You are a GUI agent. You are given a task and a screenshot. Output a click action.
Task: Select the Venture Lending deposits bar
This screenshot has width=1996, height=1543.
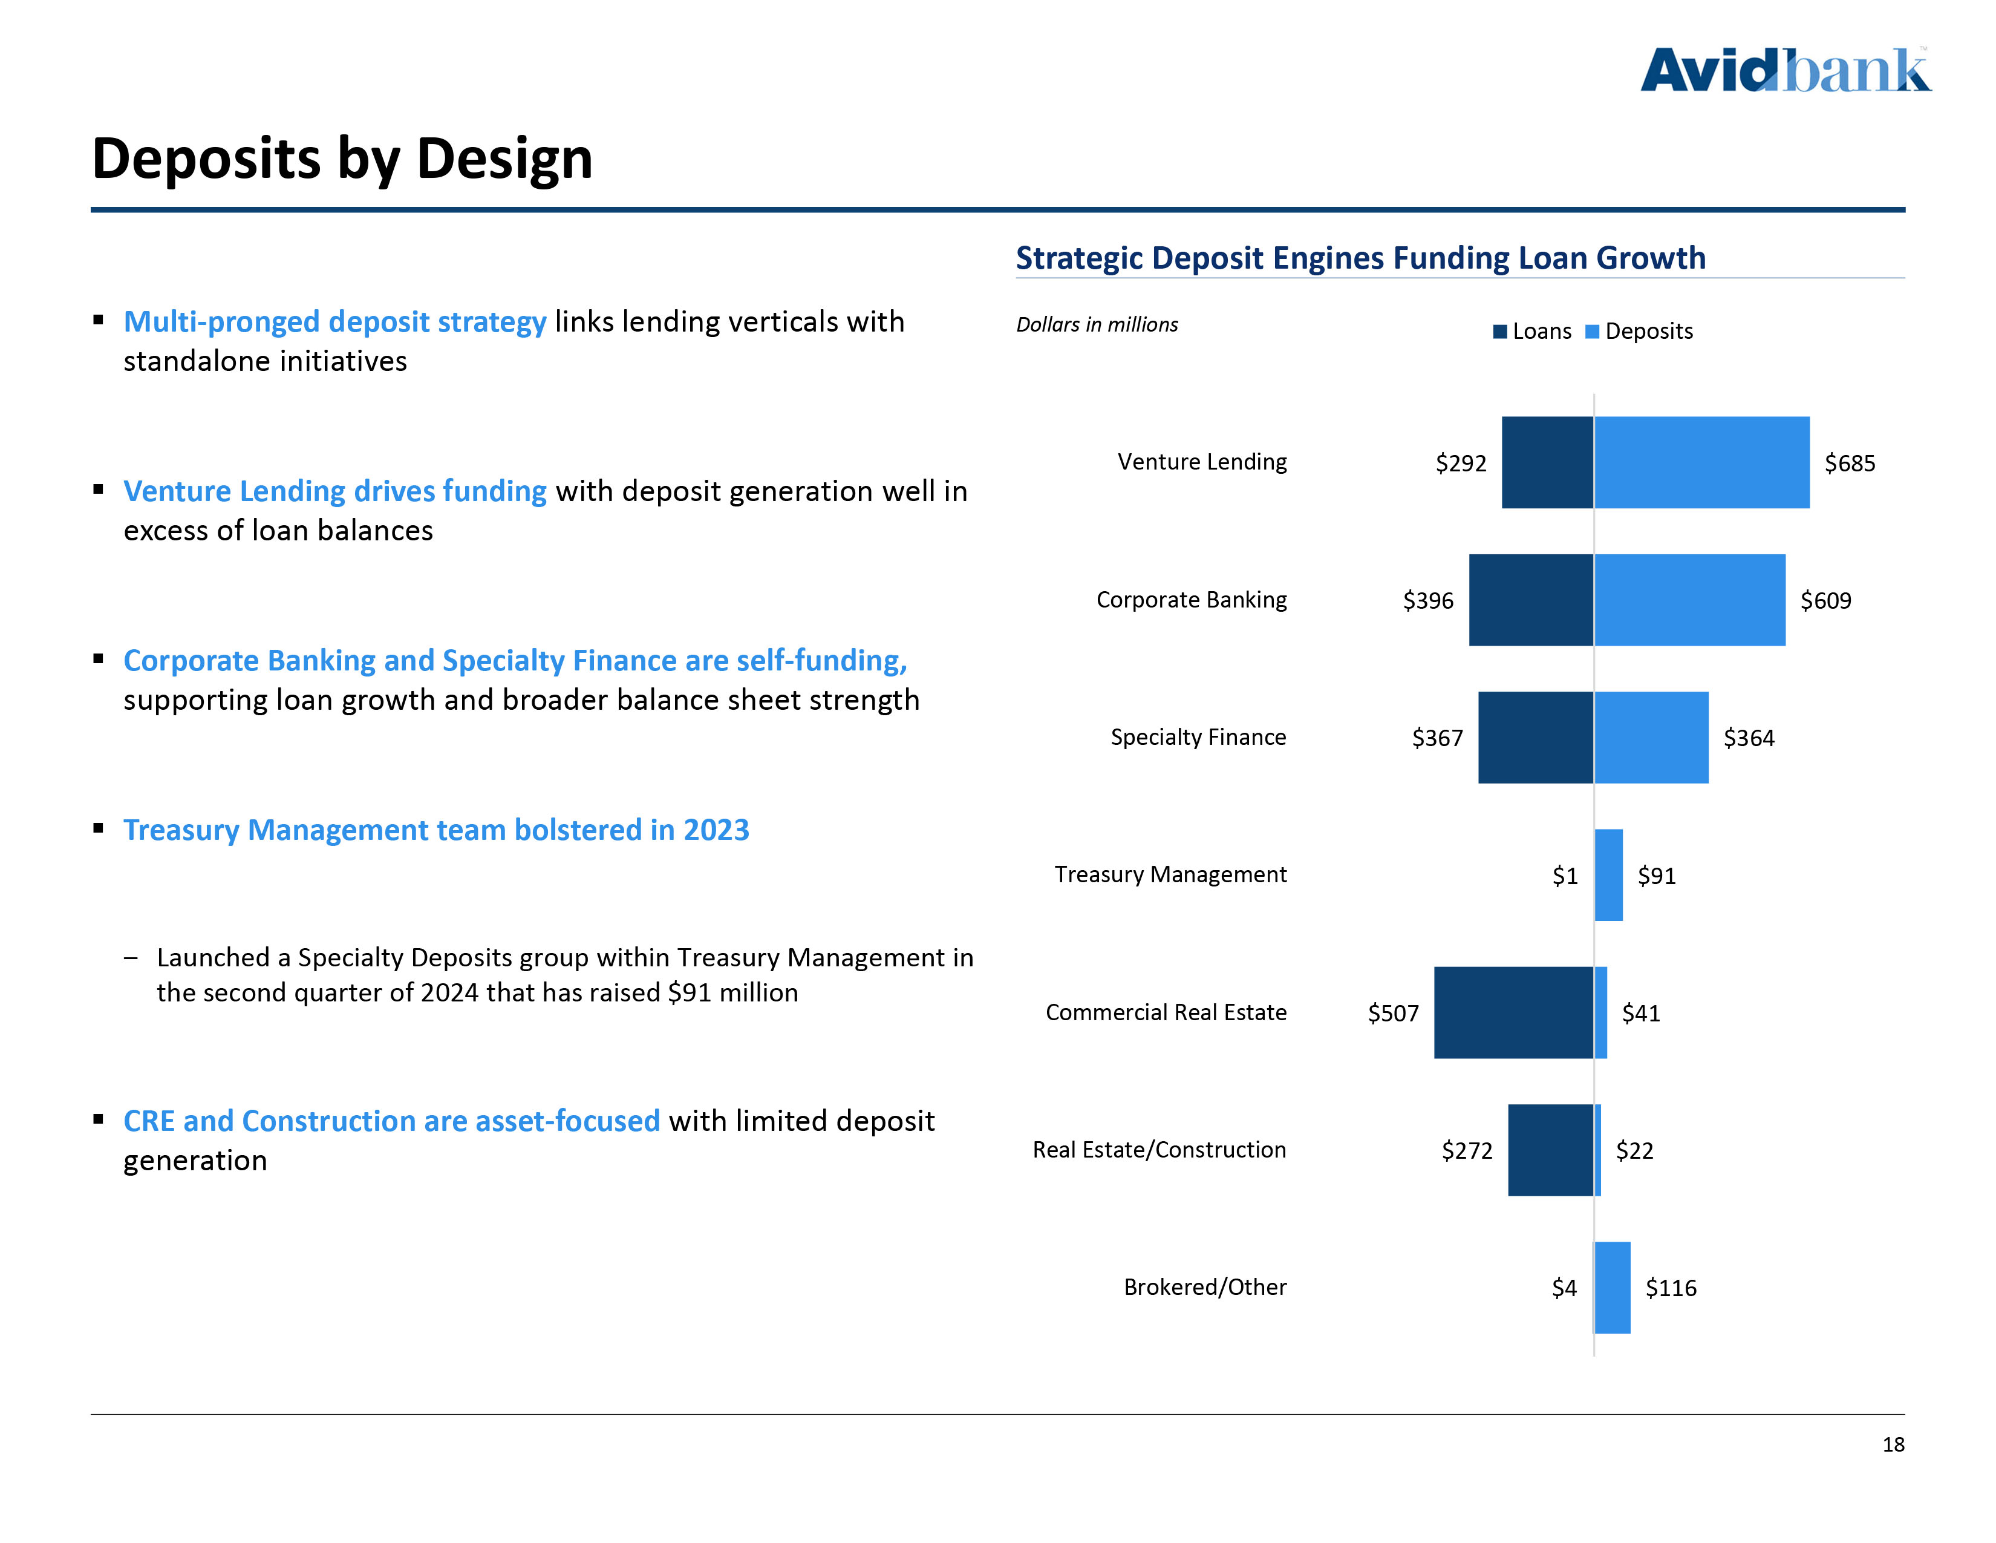coord(1701,462)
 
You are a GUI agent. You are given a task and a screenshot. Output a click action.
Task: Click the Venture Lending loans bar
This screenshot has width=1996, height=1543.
coord(1547,462)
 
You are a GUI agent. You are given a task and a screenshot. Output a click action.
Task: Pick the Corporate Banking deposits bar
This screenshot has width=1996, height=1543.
coord(1689,600)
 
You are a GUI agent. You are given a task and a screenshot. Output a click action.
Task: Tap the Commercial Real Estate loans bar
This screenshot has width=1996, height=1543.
coord(1513,1012)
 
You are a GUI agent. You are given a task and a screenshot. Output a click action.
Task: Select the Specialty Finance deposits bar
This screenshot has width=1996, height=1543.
coord(1651,738)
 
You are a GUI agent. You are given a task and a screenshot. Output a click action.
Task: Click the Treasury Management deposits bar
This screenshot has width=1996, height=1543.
coord(1608,875)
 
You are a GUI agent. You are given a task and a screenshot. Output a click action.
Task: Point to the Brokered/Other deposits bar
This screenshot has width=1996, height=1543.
coord(1612,1287)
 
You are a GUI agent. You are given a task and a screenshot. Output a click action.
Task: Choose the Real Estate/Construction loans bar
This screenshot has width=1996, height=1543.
coord(1550,1150)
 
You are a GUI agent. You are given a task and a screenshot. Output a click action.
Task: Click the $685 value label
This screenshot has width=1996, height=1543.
coord(1849,464)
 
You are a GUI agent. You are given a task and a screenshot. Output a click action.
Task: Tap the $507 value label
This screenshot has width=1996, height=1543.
coord(1393,1013)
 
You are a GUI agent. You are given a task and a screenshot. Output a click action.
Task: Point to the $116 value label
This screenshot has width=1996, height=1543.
coord(1671,1288)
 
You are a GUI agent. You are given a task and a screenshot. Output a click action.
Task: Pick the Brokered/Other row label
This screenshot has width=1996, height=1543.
coord(1204,1287)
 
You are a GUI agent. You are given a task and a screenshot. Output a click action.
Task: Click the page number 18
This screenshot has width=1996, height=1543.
coord(1893,1445)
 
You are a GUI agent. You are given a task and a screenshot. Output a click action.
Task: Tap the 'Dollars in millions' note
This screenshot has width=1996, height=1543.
coord(1097,324)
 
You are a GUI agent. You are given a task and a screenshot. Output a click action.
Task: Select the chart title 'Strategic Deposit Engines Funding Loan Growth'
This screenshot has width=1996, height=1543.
coord(1360,258)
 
